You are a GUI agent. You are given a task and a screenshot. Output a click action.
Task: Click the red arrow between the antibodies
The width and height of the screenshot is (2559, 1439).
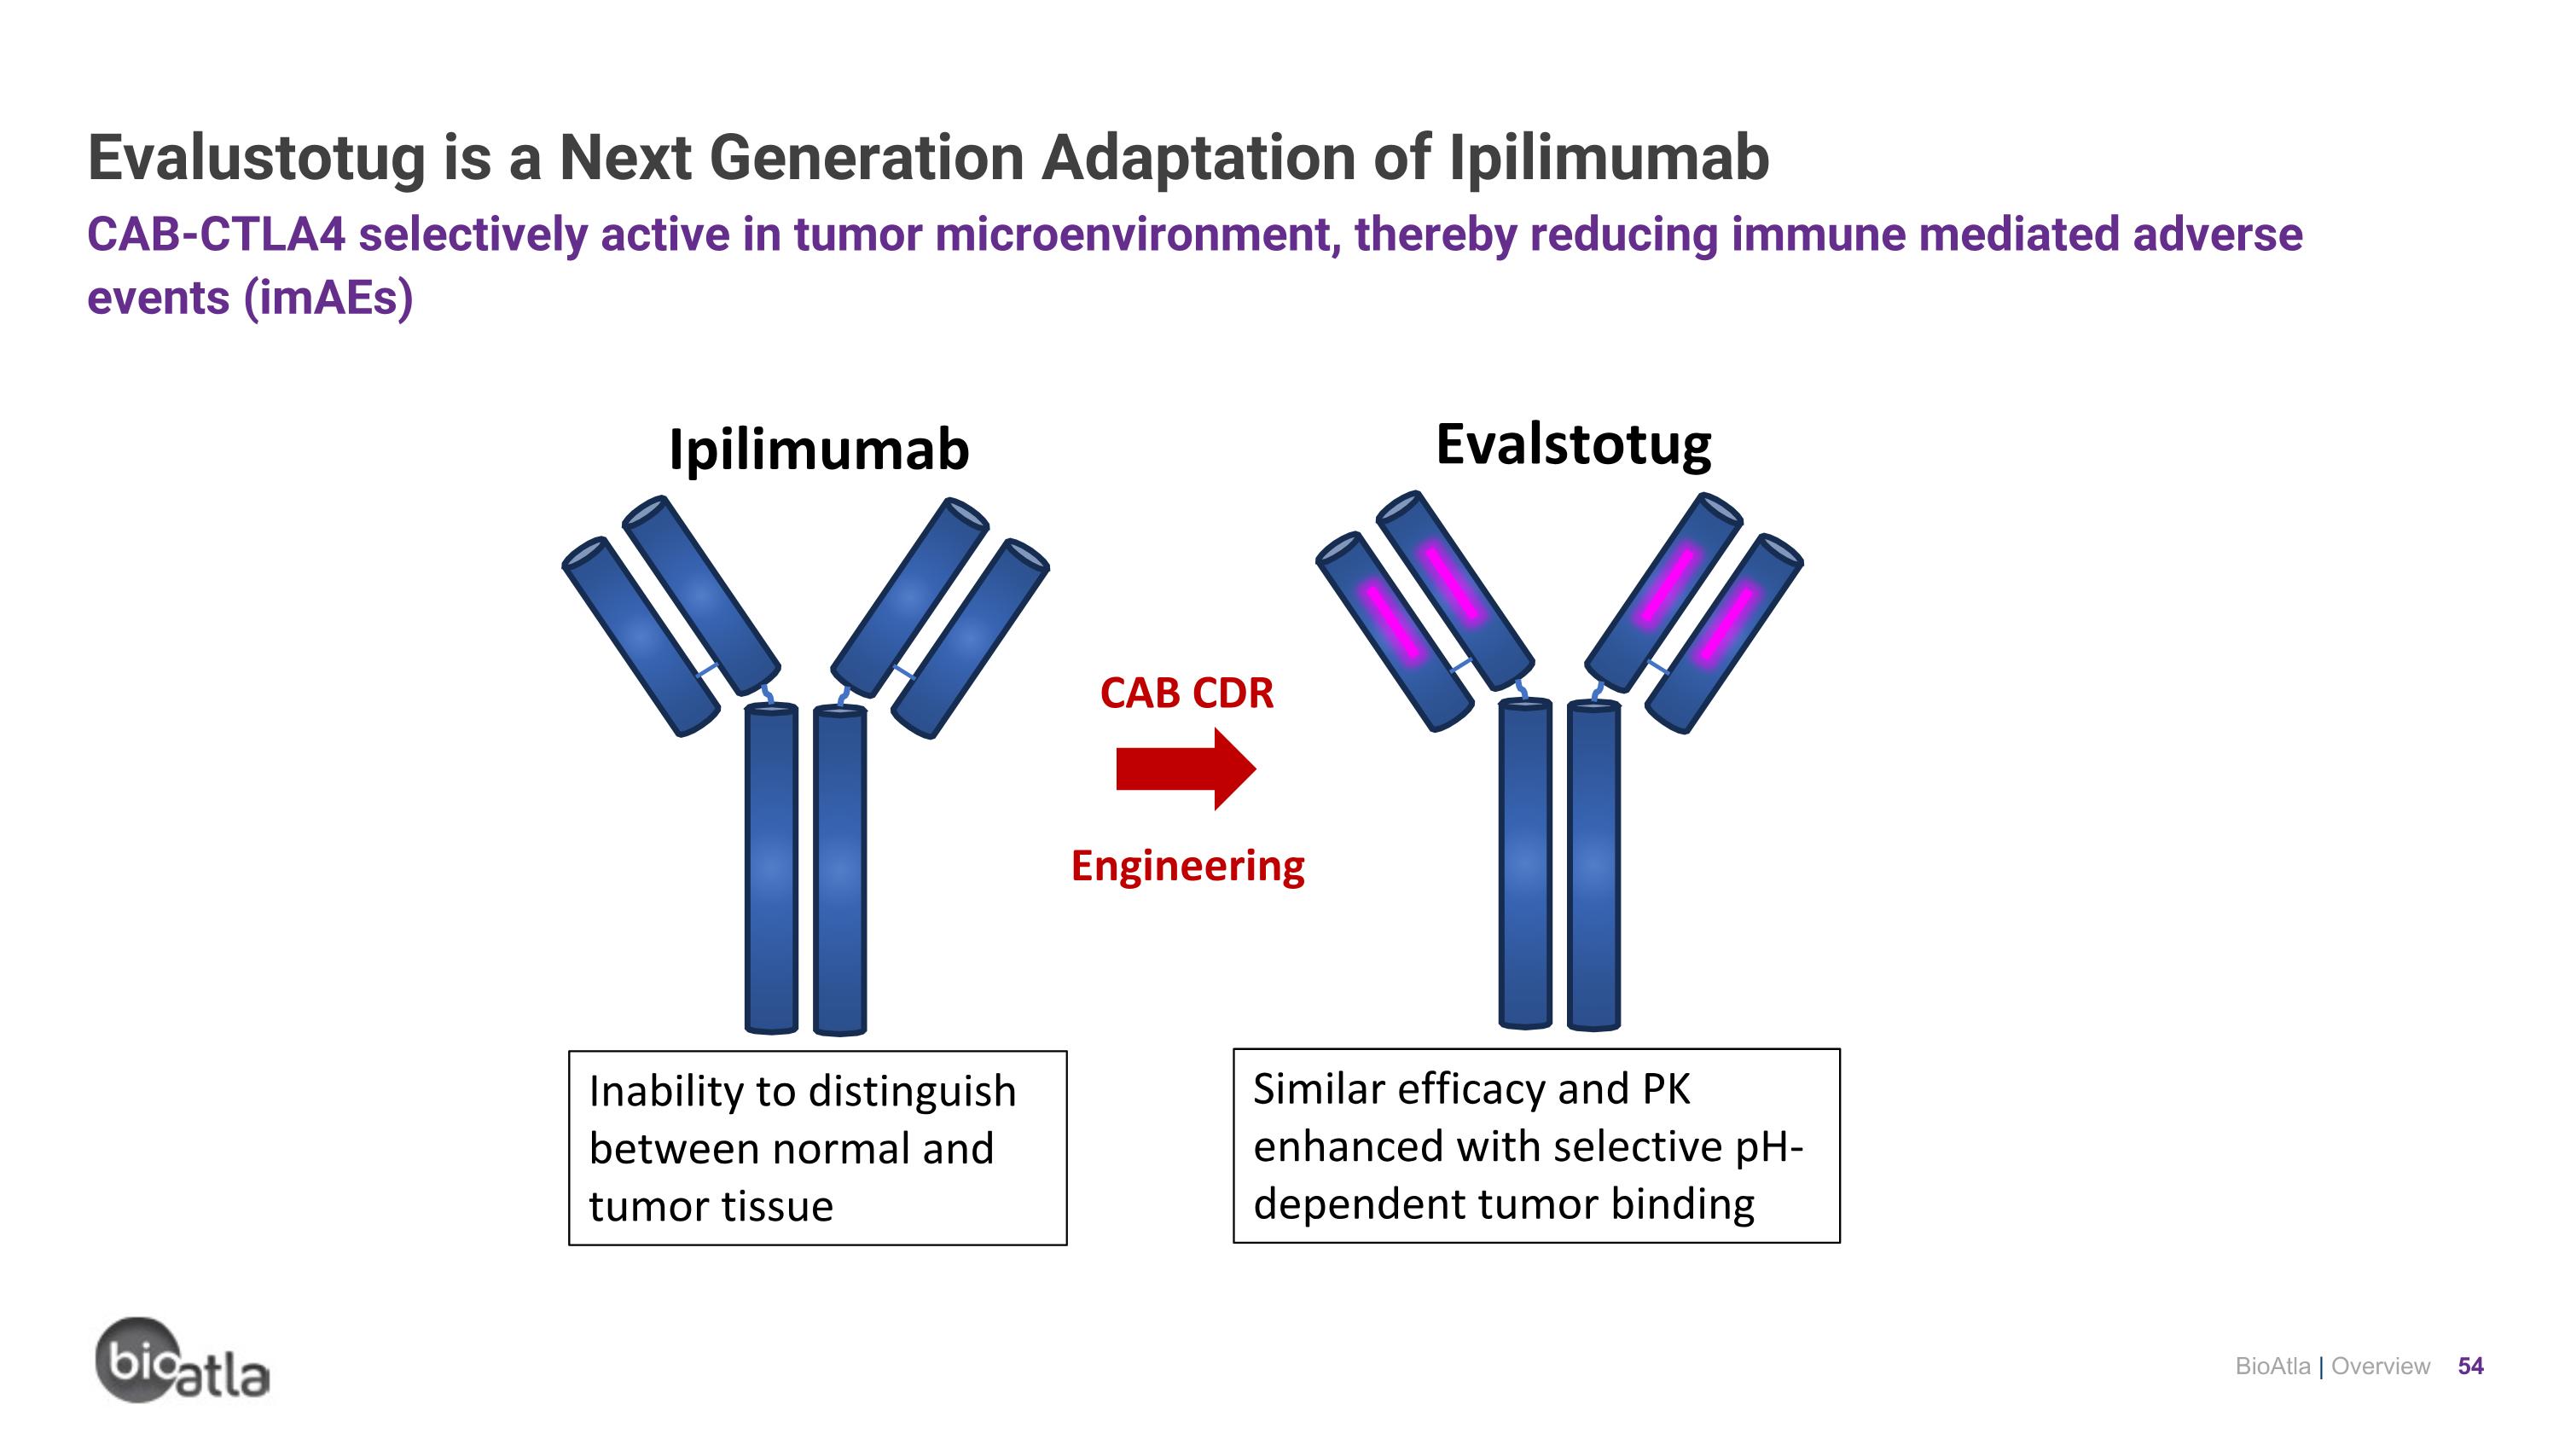click(1185, 769)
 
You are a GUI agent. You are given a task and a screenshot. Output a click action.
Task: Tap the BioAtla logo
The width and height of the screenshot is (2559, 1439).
click(182, 1361)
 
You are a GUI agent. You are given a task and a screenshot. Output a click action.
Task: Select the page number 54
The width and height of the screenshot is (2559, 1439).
click(2469, 1366)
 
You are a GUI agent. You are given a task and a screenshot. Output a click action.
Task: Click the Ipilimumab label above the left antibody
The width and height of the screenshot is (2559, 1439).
click(819, 450)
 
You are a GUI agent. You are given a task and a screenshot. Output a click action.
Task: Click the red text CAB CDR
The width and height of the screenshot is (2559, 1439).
click(1187, 693)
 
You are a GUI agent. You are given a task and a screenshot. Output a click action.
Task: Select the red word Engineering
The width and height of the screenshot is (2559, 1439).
click(1187, 866)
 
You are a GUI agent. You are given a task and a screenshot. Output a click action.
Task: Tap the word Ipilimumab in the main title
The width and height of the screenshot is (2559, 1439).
click(1608, 159)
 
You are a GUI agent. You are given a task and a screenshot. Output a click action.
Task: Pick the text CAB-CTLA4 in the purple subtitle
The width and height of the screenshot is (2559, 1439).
click(216, 235)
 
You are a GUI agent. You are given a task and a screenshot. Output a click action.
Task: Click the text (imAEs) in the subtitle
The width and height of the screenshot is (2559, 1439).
click(328, 298)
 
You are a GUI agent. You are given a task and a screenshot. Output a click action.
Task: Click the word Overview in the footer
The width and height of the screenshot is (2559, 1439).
click(2380, 1366)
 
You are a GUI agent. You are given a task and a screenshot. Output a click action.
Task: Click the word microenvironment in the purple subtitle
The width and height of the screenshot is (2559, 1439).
click(1136, 235)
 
